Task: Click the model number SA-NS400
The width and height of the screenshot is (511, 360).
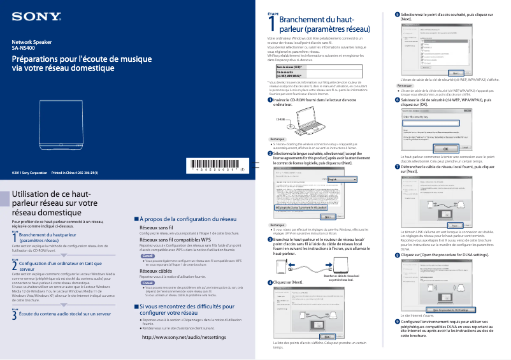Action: coord(24,48)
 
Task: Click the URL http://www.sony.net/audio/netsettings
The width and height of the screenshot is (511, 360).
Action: coord(184,336)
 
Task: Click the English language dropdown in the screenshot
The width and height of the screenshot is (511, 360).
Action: coord(344,180)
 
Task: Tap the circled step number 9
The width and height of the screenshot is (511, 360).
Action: coord(398,321)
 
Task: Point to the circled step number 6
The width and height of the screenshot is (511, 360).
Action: coord(398,100)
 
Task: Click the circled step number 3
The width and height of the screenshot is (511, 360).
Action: coord(270,240)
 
